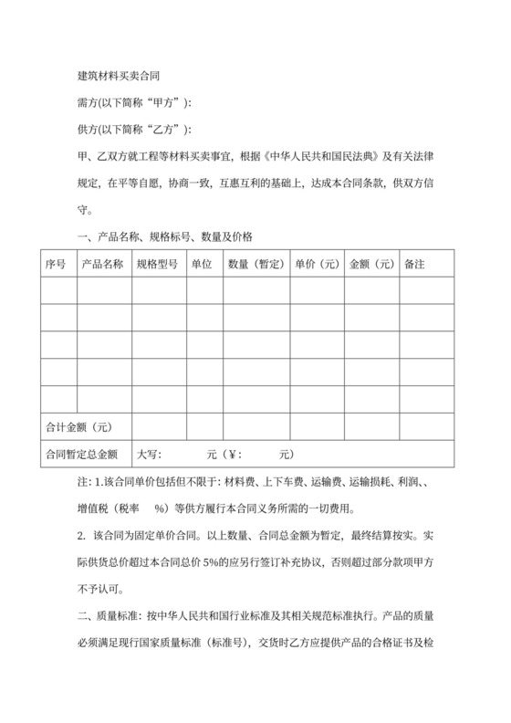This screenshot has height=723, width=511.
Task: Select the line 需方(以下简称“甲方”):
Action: click(x=135, y=101)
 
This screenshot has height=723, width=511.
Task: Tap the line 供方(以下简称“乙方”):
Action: click(x=135, y=129)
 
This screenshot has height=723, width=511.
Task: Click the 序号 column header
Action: click(x=56, y=264)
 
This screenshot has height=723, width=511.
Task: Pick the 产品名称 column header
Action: click(x=103, y=264)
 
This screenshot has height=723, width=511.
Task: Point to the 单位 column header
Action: click(x=202, y=264)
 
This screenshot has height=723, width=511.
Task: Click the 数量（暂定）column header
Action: click(x=254, y=264)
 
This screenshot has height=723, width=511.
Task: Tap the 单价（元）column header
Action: click(x=317, y=264)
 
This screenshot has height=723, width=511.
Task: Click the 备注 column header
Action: click(x=414, y=264)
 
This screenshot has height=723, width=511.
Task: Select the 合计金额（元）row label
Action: click(x=78, y=426)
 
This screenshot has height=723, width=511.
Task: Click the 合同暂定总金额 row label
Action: click(x=81, y=454)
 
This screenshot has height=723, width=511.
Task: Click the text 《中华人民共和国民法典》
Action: click(x=326, y=156)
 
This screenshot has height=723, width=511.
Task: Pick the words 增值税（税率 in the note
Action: click(x=109, y=508)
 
